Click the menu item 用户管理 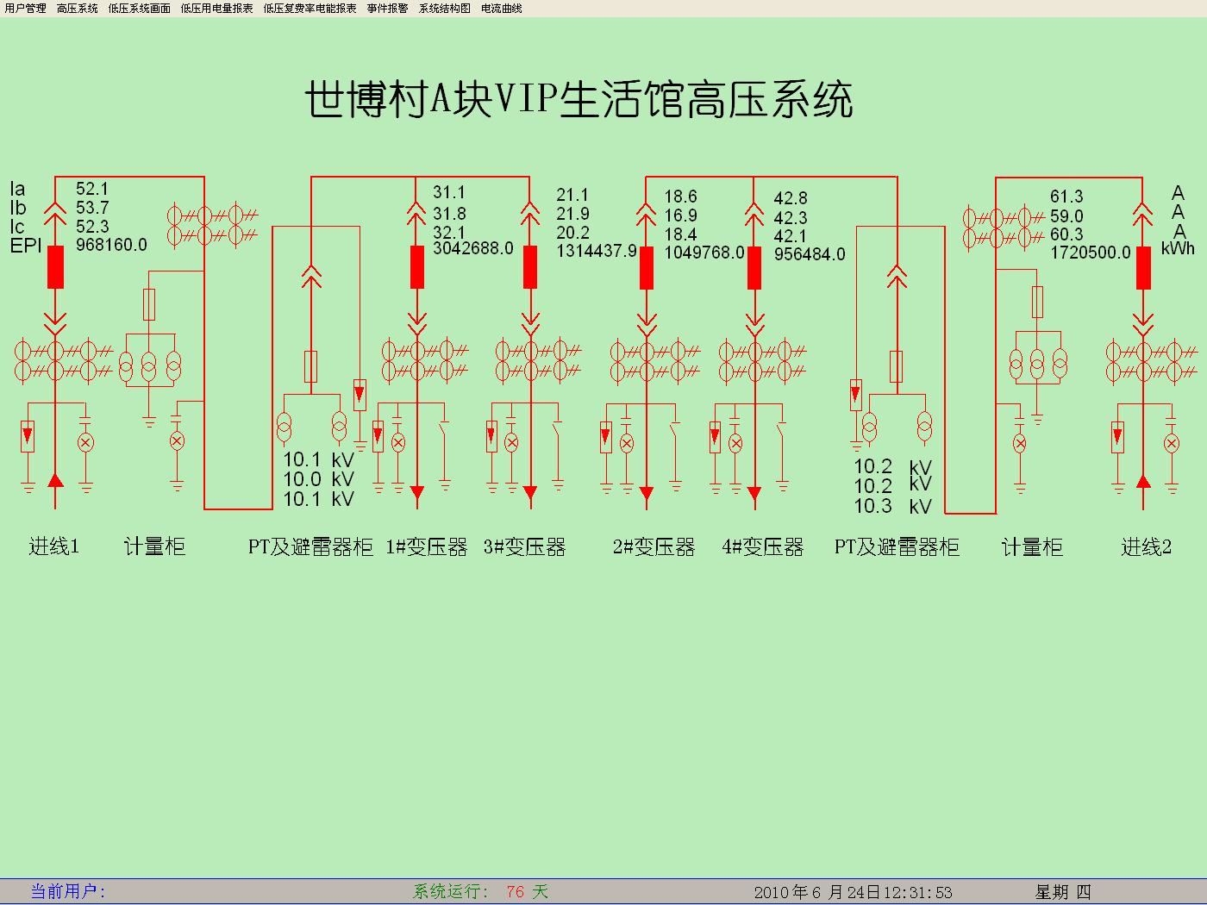(x=25, y=9)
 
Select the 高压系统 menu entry (x=78, y=9)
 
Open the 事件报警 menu (x=387, y=9)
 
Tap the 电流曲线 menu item (x=502, y=9)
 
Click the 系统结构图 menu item (x=445, y=9)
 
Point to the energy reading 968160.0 (x=111, y=245)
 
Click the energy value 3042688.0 (x=473, y=249)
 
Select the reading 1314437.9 (x=597, y=251)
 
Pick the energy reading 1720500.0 (x=1090, y=253)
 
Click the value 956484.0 (x=810, y=254)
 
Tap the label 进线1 (x=54, y=546)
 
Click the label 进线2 (x=1146, y=547)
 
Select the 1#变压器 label (x=427, y=547)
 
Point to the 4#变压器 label (x=763, y=547)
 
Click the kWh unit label (x=1178, y=249)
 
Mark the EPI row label (x=26, y=246)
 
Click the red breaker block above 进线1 (x=55, y=267)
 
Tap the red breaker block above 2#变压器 (x=647, y=268)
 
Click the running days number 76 (x=516, y=891)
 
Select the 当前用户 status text (x=68, y=891)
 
